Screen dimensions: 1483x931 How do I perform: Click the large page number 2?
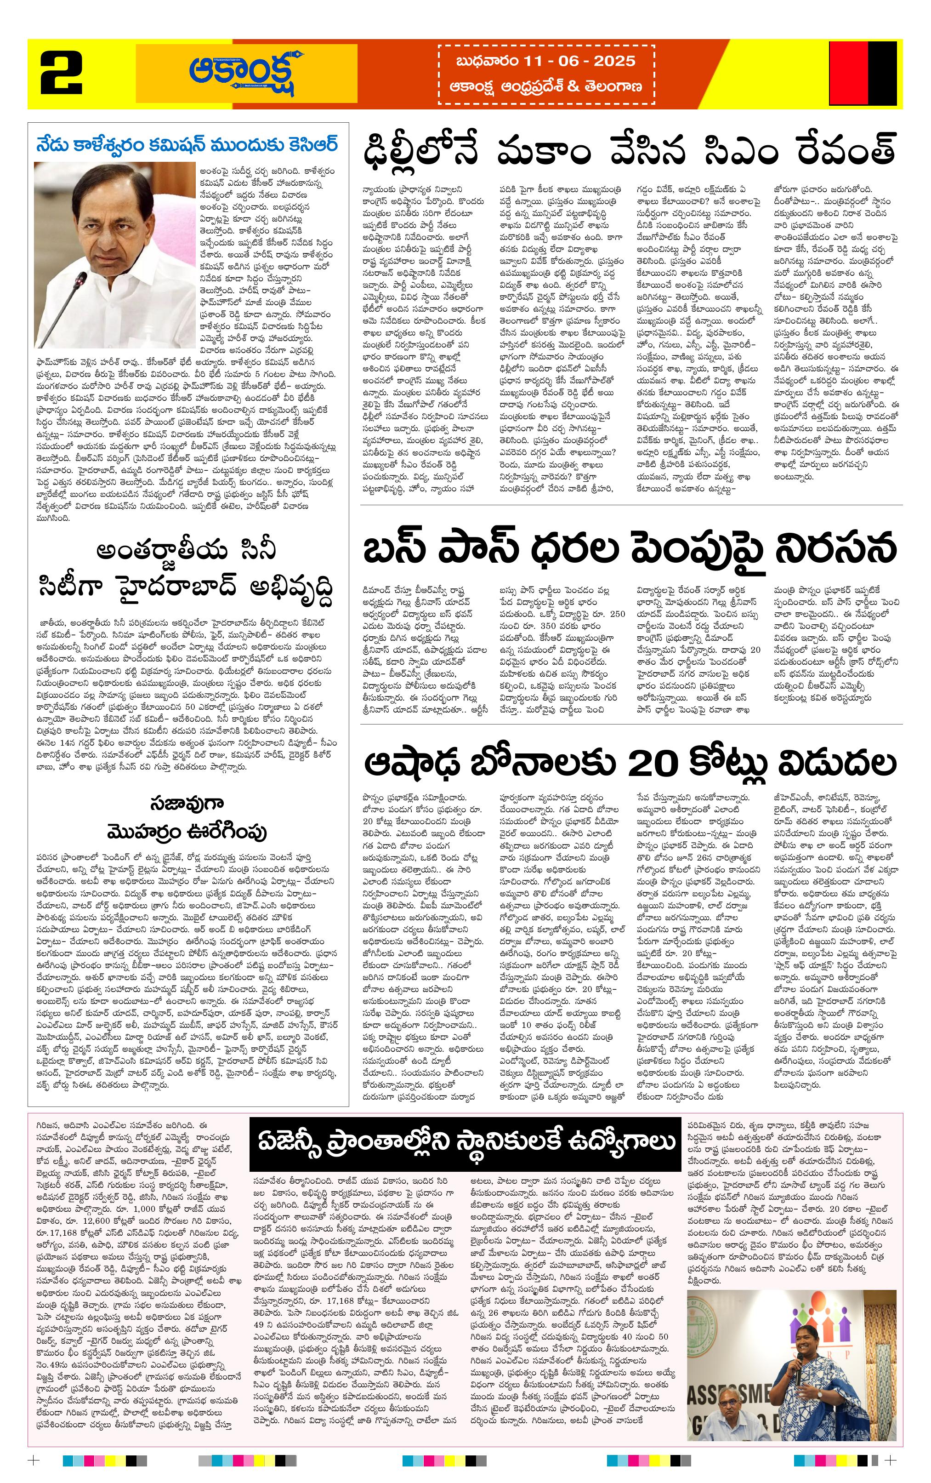tap(62, 73)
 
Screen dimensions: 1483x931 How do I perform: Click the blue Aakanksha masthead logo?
tap(247, 73)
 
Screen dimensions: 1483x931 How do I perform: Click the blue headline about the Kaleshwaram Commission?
tap(187, 145)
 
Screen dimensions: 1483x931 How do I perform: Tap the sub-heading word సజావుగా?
tap(179, 803)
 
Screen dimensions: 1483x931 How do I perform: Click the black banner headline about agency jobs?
tap(466, 1142)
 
